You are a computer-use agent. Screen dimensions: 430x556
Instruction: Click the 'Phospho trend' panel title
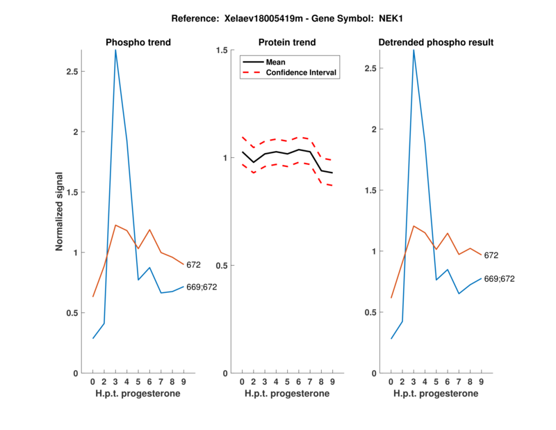coord(138,42)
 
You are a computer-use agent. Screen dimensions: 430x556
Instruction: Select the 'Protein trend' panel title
coord(287,42)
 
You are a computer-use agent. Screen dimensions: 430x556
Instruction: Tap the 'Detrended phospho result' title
coord(436,42)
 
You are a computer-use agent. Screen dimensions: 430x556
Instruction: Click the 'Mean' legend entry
coord(276,62)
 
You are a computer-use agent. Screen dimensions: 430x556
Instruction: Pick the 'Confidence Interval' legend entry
coord(302,72)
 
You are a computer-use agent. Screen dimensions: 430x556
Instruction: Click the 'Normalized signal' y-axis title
coord(62,212)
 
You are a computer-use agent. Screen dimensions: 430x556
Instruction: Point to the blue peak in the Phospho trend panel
coord(115,51)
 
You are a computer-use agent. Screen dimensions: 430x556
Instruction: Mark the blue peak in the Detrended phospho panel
coord(414,50)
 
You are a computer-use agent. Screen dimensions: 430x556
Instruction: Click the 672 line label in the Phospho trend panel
coord(194,264)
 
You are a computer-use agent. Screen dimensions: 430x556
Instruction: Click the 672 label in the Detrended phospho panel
coord(491,255)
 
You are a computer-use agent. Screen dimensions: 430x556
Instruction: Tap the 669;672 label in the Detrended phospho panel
coord(498,279)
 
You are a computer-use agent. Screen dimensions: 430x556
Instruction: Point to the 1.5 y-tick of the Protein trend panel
coord(222,50)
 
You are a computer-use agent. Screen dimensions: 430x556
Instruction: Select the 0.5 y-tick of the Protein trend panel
coord(222,266)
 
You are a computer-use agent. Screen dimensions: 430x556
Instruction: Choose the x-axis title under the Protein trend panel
coord(287,393)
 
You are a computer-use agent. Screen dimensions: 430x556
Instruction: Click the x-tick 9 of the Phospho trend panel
coord(183,381)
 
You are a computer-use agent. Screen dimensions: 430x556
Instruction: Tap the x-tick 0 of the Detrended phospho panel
coord(391,381)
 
